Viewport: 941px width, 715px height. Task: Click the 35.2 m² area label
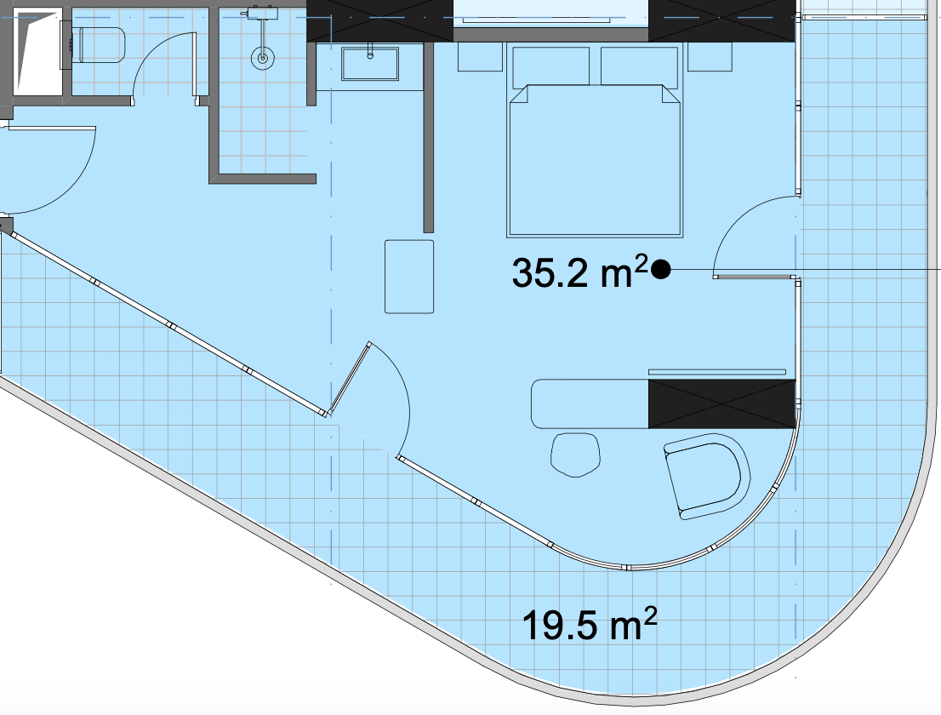tap(580, 272)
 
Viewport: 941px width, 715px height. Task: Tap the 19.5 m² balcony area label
tap(590, 625)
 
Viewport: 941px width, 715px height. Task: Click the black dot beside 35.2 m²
tap(661, 270)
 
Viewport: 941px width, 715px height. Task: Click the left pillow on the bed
tap(551, 66)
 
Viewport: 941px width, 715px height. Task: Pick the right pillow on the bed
tap(639, 66)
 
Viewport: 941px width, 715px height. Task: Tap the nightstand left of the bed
tap(480, 56)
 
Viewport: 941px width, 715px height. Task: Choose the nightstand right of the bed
tap(710, 56)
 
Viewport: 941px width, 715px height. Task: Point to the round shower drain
tap(262, 58)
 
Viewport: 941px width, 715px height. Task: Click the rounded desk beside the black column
tap(590, 403)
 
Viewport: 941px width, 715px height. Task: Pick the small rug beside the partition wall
tap(409, 276)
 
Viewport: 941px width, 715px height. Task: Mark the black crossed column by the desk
tap(722, 403)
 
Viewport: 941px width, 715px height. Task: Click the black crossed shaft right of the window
tap(722, 20)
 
